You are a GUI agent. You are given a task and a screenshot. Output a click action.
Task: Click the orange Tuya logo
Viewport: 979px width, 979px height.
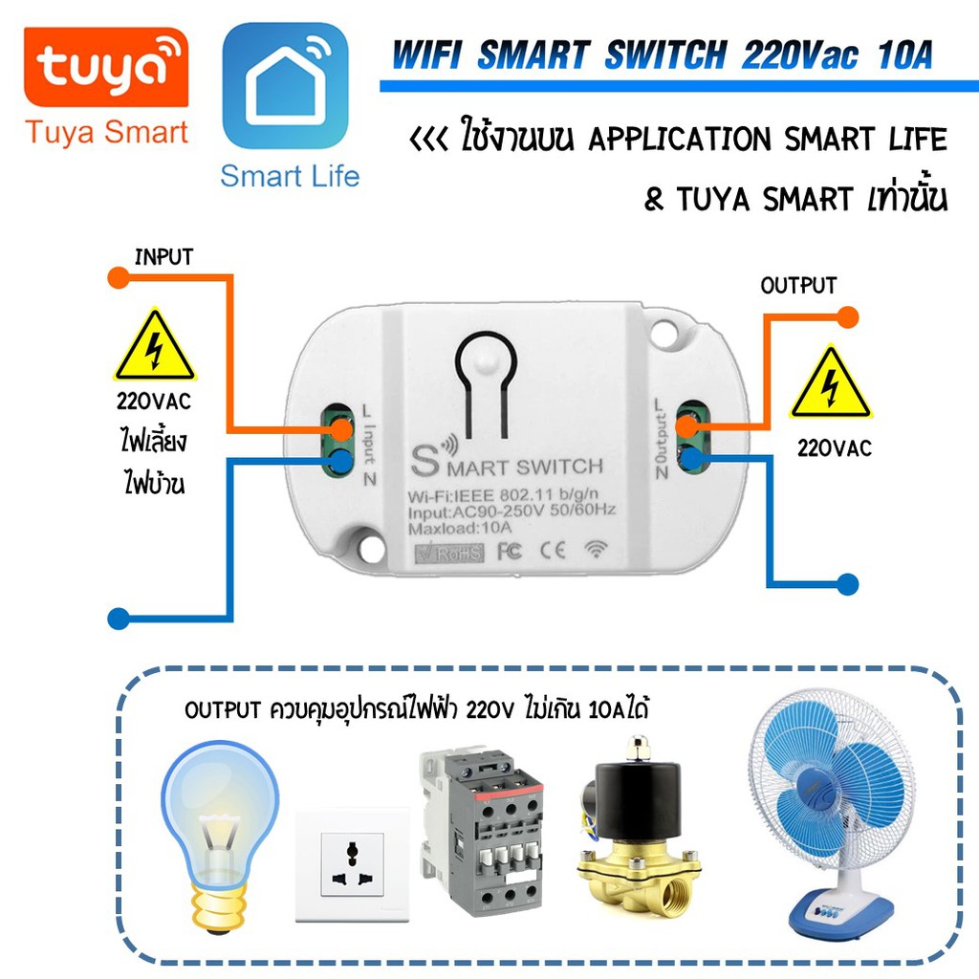click(x=106, y=67)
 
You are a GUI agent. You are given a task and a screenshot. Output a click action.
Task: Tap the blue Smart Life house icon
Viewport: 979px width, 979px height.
click(x=285, y=86)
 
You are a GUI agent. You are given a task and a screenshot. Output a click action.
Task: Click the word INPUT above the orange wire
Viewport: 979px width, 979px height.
click(x=163, y=256)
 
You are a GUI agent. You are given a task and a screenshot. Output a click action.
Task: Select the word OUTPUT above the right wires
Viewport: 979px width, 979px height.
click(x=798, y=285)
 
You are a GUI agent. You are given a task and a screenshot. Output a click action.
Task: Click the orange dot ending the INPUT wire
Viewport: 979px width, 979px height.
click(x=118, y=277)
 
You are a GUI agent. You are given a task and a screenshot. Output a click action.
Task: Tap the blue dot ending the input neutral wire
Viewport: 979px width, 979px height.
click(x=119, y=619)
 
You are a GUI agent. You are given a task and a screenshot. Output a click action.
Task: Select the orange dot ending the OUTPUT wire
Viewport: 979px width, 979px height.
click(x=847, y=317)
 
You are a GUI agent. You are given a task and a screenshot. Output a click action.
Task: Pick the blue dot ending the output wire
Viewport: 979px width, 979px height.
click(x=847, y=584)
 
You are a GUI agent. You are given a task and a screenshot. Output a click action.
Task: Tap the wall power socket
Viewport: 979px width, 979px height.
click(x=352, y=864)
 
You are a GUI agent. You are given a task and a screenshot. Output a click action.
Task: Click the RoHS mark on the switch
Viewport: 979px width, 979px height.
click(x=449, y=554)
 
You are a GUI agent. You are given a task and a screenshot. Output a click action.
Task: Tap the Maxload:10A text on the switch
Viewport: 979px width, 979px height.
click(x=460, y=528)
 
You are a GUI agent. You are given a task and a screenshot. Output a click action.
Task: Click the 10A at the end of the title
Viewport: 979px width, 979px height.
click(x=904, y=54)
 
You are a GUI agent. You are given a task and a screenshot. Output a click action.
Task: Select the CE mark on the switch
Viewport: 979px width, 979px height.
click(x=553, y=550)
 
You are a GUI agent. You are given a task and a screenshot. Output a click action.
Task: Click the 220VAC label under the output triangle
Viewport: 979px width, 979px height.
click(x=834, y=447)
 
